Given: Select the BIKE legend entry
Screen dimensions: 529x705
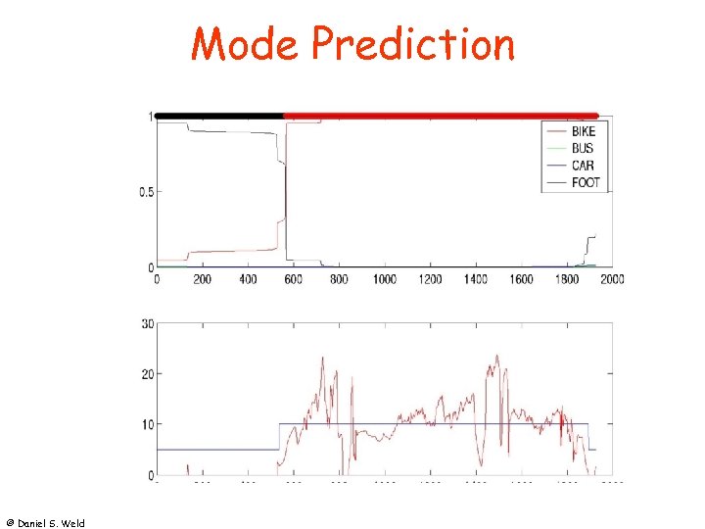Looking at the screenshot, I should [583, 131].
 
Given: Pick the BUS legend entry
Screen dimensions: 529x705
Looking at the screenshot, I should [582, 149].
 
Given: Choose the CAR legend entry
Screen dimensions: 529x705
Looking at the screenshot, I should [582, 166].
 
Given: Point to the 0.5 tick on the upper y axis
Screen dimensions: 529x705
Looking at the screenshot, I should [146, 192].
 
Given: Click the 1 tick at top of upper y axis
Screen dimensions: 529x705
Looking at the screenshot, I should [150, 117].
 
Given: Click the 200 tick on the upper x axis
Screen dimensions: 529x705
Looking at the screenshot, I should [203, 279].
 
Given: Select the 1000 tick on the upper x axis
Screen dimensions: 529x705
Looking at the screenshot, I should [385, 279].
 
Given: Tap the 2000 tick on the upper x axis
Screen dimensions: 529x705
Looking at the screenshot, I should [612, 279].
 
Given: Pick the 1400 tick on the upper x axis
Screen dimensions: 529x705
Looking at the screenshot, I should [476, 279].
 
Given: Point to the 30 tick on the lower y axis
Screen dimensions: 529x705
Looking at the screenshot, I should [148, 323].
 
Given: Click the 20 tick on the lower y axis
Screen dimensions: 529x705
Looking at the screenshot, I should [148, 374].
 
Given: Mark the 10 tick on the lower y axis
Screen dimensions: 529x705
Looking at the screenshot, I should [148, 424].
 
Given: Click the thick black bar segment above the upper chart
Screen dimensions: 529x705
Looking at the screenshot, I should [219, 116].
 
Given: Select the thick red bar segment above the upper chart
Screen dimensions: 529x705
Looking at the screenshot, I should [441, 116].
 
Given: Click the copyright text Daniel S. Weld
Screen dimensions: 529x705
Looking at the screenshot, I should [45, 523].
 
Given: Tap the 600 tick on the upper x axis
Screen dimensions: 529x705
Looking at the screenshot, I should [294, 279].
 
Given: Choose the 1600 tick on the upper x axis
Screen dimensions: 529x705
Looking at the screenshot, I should [521, 279].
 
